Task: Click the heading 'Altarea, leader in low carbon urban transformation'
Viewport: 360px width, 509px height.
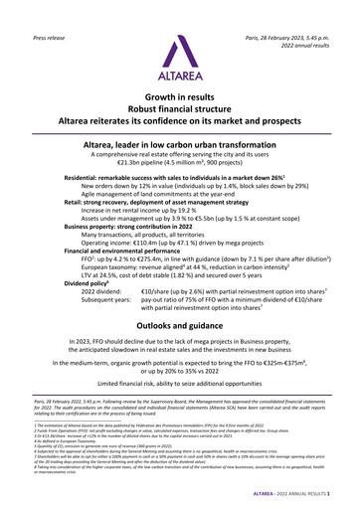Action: point(180,144)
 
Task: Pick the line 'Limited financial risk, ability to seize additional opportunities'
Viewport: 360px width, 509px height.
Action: point(180,409)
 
